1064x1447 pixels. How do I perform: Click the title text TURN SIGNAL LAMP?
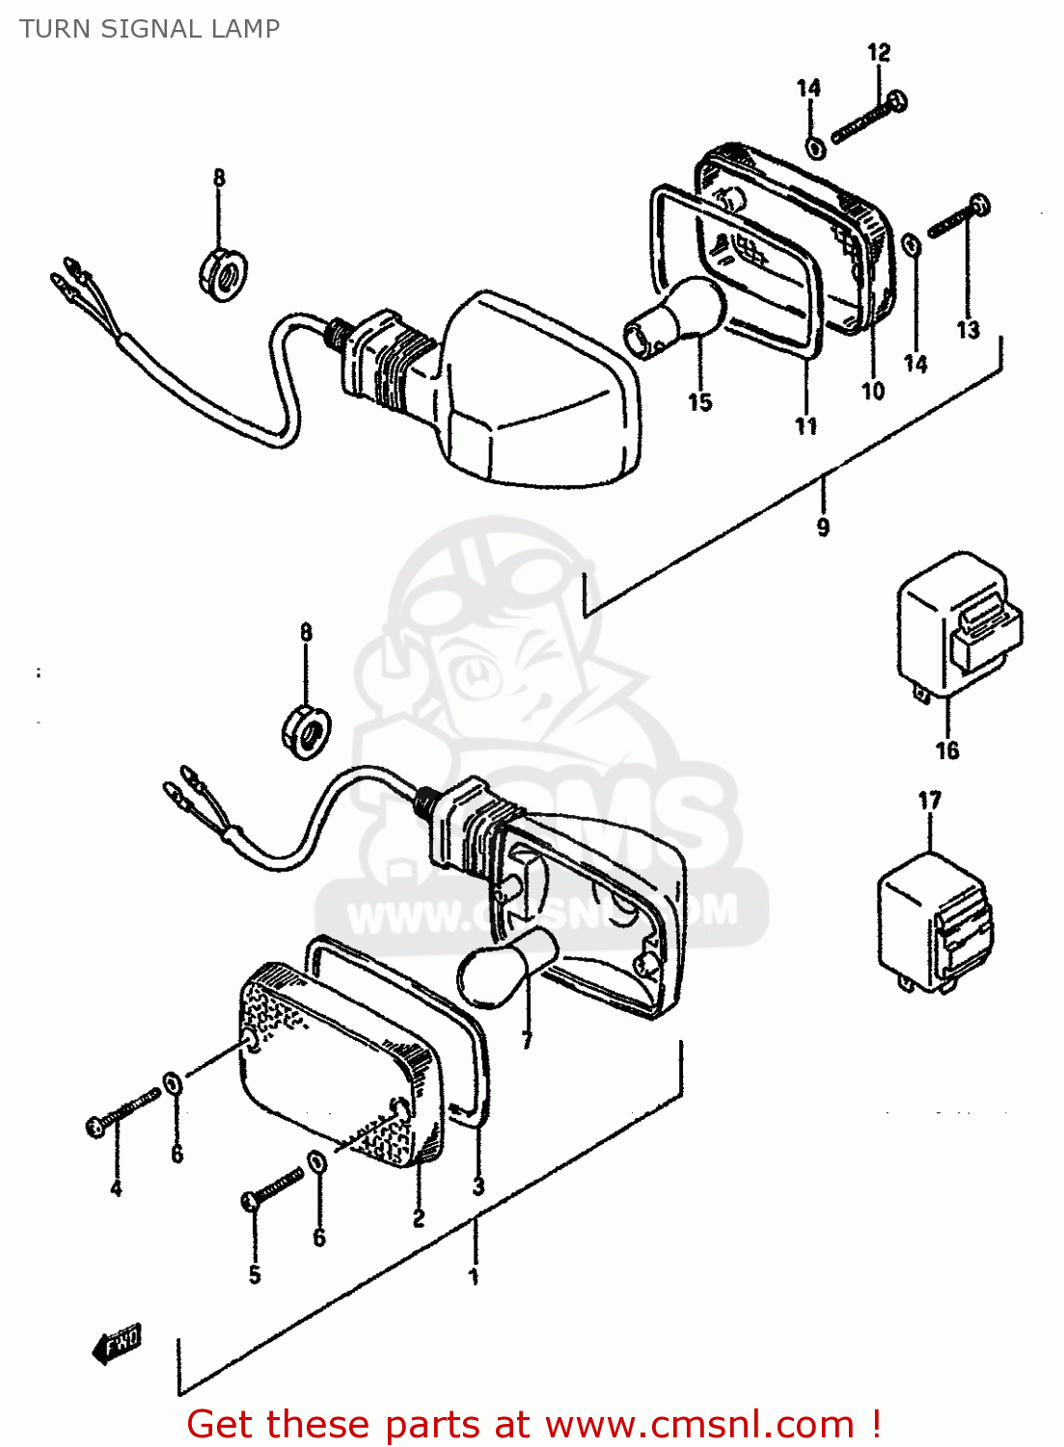150,29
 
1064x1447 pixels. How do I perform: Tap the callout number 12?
879,53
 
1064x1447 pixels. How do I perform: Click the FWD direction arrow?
117,1343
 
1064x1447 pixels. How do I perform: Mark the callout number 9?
823,527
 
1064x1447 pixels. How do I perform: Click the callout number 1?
474,1276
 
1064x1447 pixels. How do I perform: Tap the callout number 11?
806,426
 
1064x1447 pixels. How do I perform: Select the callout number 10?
873,391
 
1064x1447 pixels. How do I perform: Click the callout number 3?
478,1187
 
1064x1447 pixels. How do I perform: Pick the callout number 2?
419,1218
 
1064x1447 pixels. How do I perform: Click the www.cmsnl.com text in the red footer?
699,1424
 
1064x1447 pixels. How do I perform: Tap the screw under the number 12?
868,117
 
